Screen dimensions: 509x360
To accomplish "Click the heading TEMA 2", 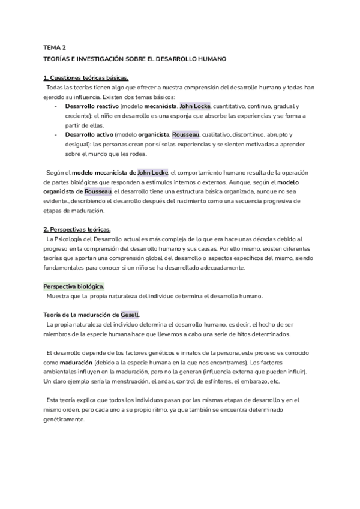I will point(55,47).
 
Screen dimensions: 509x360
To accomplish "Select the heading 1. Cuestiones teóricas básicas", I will point(86,79).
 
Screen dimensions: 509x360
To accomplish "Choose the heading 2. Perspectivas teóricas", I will point(77,229).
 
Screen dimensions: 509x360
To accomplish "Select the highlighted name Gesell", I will point(130,315).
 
